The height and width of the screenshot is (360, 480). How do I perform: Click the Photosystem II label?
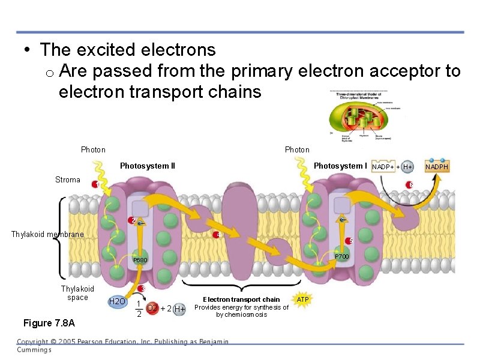pos(148,166)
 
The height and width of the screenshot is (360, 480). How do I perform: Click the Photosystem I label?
pos(340,166)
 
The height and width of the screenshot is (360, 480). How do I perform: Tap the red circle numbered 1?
pos(95,185)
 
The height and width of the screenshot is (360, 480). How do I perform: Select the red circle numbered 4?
pos(218,235)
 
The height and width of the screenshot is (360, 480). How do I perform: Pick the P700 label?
pos(341,257)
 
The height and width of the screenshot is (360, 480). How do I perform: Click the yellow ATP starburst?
pos(302,298)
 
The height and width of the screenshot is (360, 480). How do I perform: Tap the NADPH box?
pos(436,166)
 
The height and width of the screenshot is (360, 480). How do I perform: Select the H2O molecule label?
pos(116,301)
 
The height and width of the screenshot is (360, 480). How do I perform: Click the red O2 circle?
pos(152,308)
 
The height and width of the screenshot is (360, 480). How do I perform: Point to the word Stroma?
pos(67,179)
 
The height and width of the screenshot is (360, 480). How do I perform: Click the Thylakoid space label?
pos(77,293)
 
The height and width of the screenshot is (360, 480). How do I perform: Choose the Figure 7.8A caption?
pos(49,323)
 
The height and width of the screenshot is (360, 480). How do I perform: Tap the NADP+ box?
pos(383,166)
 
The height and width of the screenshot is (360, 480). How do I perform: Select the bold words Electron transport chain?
pos(241,299)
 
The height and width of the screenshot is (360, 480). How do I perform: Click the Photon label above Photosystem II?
pos(93,149)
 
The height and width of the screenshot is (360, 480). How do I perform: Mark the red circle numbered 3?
pos(142,289)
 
